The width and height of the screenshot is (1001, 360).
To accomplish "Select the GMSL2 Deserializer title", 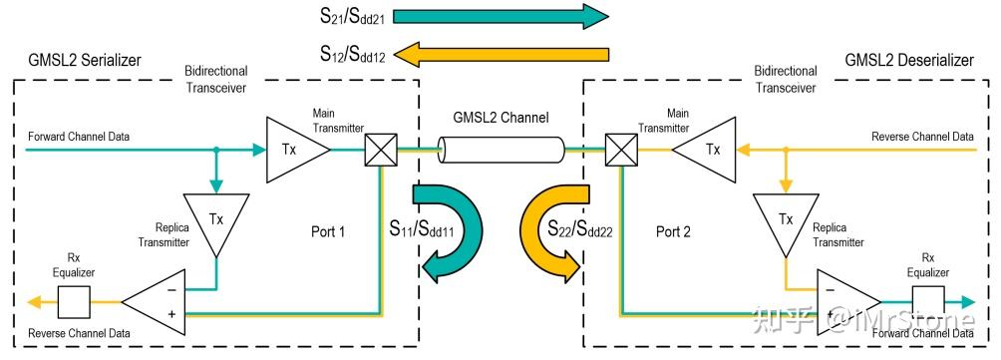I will pyautogui.click(x=908, y=61).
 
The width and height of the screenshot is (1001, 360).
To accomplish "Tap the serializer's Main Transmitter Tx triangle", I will pyautogui.click(x=294, y=150).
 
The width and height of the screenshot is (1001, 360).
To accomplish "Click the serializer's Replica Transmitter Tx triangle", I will pyautogui.click(x=216, y=220).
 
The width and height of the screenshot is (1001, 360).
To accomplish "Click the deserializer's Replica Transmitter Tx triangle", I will pyautogui.click(x=786, y=220).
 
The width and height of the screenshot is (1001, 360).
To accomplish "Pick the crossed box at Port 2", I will pyautogui.click(x=620, y=151).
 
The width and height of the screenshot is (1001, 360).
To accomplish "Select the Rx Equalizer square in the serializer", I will pyautogui.click(x=74, y=298).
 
